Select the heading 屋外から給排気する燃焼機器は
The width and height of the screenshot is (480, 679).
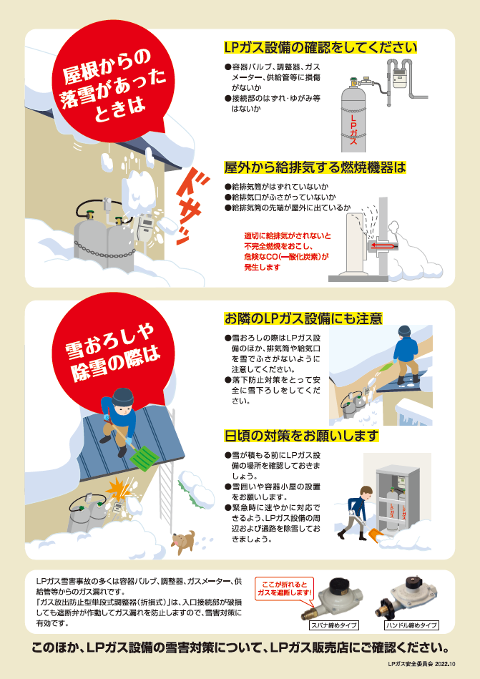315,167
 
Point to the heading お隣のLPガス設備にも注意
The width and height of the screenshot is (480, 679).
303,318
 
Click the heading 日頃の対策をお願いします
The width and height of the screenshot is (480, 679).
301,436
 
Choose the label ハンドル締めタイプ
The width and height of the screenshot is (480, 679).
411,625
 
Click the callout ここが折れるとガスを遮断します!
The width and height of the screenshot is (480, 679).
285,589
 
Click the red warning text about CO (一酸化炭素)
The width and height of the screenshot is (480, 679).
287,252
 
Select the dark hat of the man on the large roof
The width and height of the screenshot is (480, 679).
122,396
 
